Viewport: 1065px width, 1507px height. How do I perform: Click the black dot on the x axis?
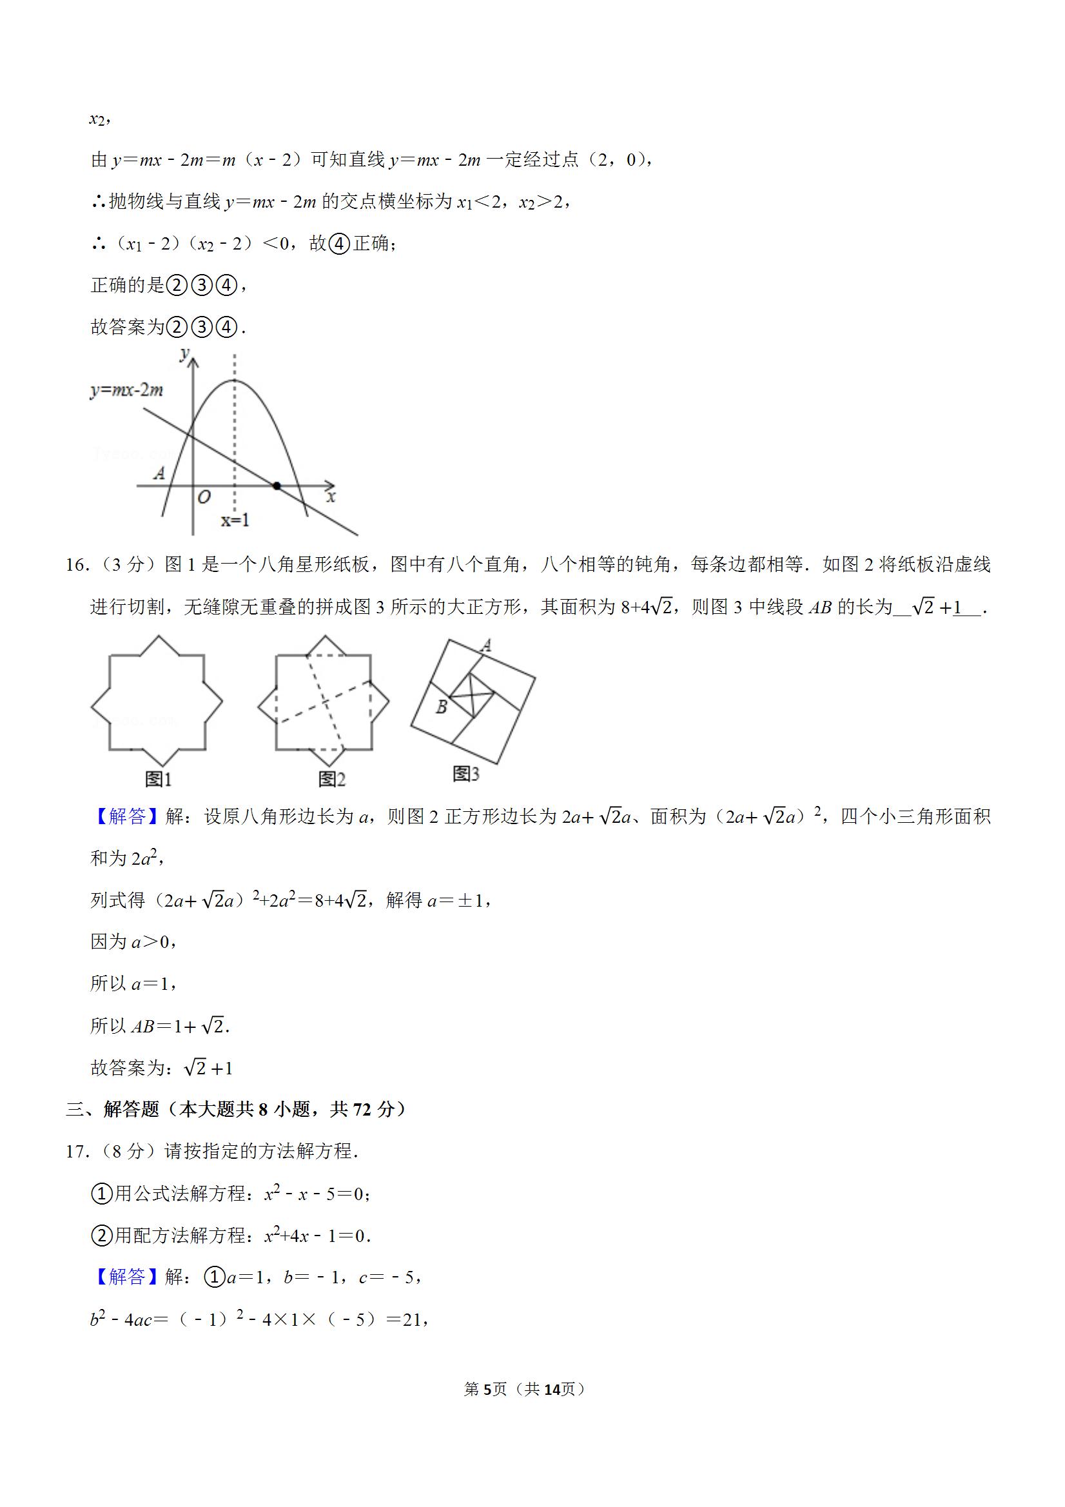(x=277, y=486)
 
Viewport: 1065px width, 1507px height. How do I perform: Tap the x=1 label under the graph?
(x=235, y=520)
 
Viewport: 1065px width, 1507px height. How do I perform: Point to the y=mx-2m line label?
(x=126, y=391)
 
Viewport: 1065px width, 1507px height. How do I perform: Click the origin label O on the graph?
(x=204, y=498)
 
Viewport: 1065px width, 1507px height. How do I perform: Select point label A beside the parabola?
(x=159, y=473)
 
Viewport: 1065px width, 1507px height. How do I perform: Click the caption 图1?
(x=158, y=779)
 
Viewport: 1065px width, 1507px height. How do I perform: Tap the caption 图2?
(x=331, y=779)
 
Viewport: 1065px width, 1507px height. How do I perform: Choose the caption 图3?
(x=466, y=774)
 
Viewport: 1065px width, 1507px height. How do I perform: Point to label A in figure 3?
(x=486, y=646)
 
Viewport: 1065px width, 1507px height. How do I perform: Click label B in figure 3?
(x=442, y=707)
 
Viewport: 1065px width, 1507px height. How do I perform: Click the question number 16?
(x=76, y=565)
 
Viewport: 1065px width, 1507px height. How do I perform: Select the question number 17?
(x=76, y=1152)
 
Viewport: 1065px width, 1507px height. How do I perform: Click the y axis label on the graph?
(x=184, y=355)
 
